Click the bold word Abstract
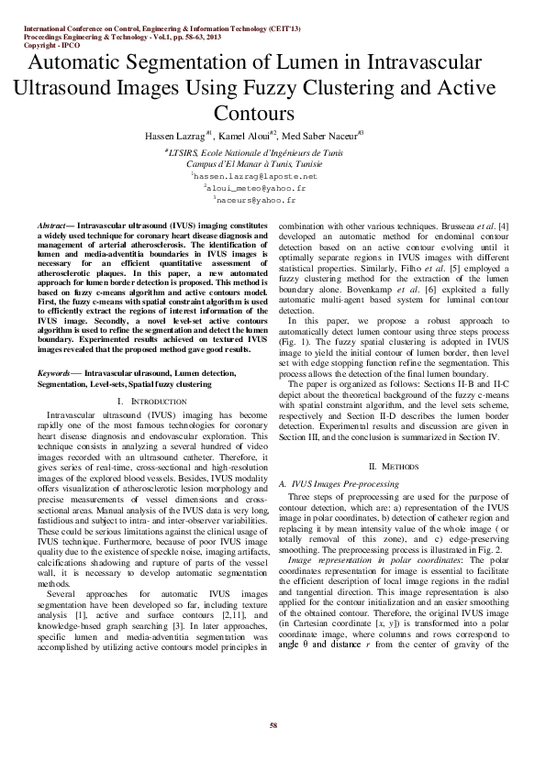pyautogui.click(x=52, y=225)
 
